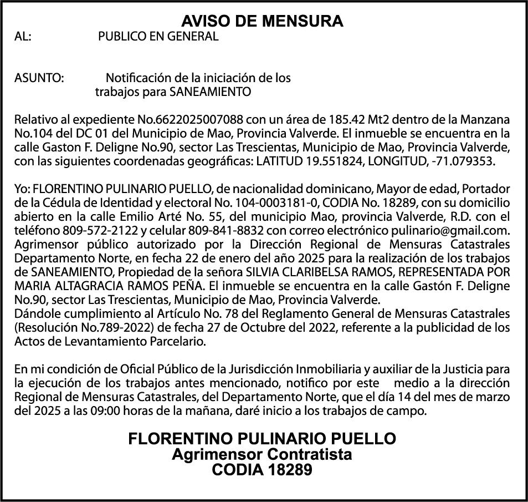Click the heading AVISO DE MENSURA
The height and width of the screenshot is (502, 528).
tap(263, 22)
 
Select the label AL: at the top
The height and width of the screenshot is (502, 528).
tap(23, 37)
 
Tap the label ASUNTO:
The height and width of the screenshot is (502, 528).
tap(39, 78)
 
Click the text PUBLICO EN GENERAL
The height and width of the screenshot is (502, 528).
tap(158, 37)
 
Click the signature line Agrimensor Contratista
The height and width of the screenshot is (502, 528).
tap(262, 455)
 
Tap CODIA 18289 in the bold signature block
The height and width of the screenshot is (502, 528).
tap(262, 470)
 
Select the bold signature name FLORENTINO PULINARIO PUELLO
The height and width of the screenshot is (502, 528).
tap(262, 439)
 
